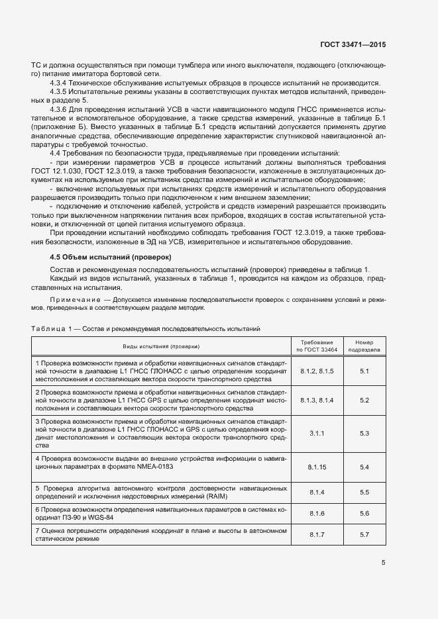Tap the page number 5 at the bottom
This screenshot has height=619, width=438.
[x=383, y=563]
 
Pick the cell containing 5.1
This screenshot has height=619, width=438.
[x=364, y=371]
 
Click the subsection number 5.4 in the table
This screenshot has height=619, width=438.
[x=364, y=467]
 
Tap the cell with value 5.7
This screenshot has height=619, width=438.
[x=364, y=534]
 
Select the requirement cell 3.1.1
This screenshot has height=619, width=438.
[x=317, y=433]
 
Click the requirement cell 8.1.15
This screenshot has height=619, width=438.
[x=317, y=467]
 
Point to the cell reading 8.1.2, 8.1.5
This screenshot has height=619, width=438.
[x=317, y=371]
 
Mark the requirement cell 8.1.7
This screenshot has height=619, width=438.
[x=317, y=534]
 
